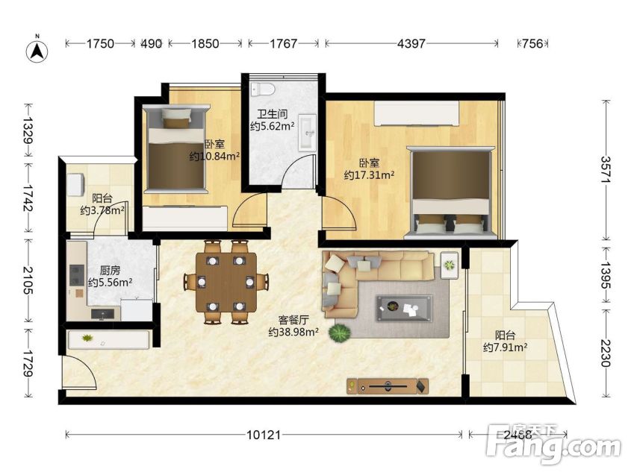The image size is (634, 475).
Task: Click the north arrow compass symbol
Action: click(37, 51)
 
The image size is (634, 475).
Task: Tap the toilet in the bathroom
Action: click(262, 89)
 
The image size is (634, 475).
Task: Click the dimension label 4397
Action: click(411, 43)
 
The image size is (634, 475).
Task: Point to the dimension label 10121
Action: click(264, 435)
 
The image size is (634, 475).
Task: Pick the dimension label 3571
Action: click(606, 170)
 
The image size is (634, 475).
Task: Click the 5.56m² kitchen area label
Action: click(111, 283)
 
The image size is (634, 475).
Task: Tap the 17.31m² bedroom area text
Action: click(369, 175)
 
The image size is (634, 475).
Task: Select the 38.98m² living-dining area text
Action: click(293, 332)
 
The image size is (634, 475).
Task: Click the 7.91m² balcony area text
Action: click(505, 347)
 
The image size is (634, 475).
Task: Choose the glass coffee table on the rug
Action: click(404, 308)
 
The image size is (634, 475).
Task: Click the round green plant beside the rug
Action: click(340, 333)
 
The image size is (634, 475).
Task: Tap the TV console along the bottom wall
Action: click(388, 386)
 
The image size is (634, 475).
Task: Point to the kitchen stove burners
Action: click(77, 274)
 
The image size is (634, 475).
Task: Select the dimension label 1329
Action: click(28, 130)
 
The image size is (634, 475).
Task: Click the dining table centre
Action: click(226, 283)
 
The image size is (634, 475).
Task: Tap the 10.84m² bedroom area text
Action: click(215, 156)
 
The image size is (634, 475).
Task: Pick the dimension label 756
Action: click(532, 43)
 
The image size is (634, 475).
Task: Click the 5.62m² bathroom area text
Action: click(272, 126)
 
